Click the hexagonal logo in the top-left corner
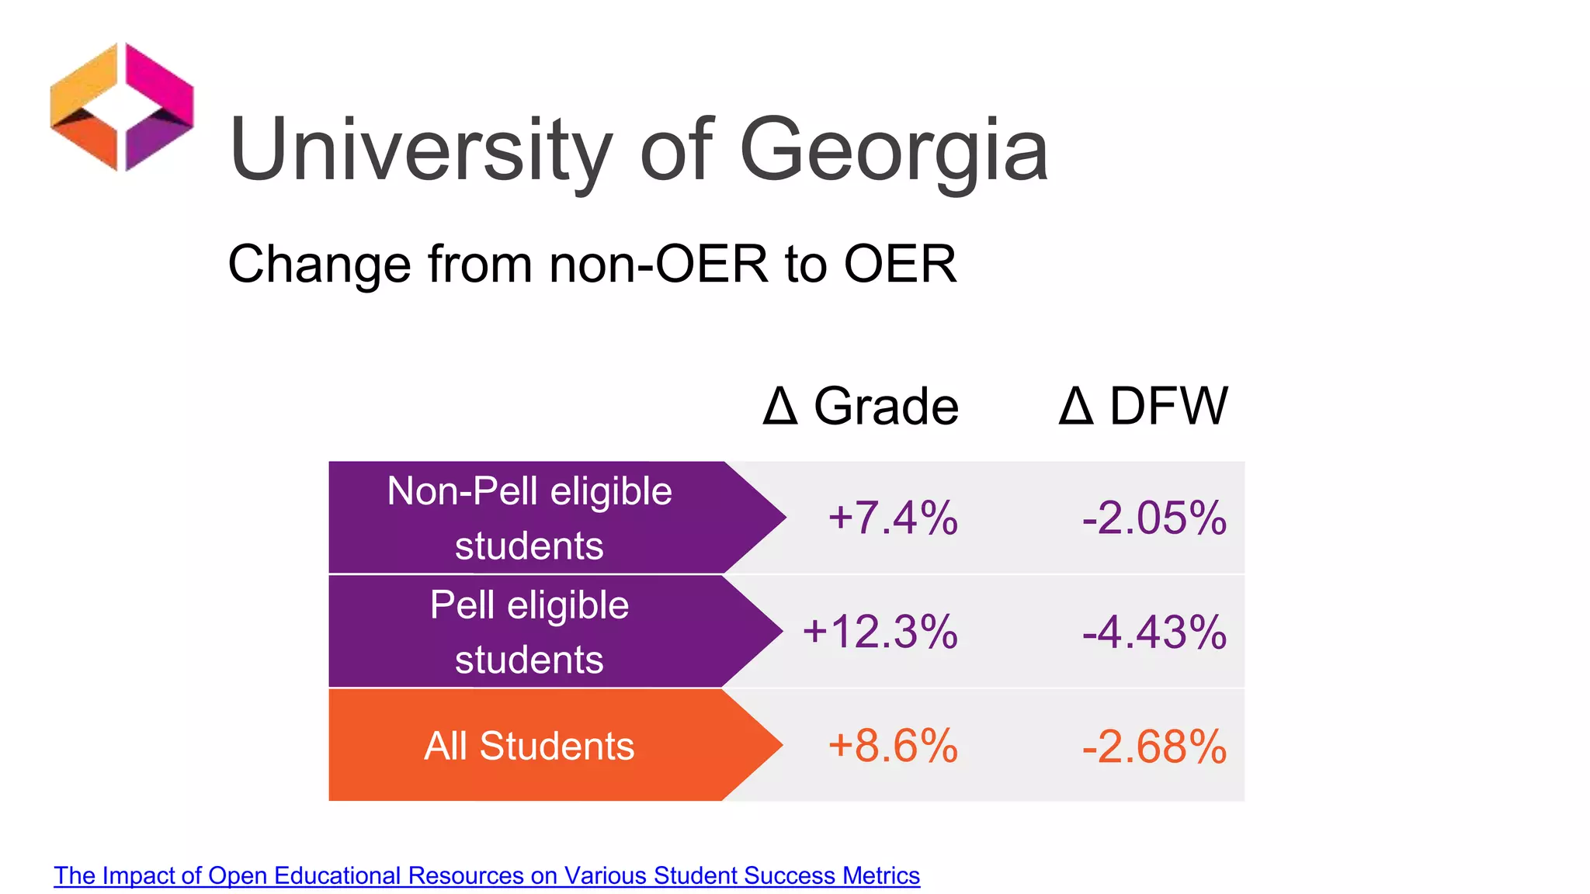pos(122,107)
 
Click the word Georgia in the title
pos(894,150)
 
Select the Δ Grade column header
pos(860,406)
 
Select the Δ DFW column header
pos(1143,406)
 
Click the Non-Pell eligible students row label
pos(529,518)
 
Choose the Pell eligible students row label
pos(529,632)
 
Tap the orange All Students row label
pos(529,746)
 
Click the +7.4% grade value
pos(893,518)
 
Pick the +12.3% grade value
pos(880,632)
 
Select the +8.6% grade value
pos(893,746)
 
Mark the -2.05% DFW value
pos(1154,518)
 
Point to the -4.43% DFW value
pos(1154,632)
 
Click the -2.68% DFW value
pos(1154,746)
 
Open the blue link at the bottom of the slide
pos(487,875)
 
